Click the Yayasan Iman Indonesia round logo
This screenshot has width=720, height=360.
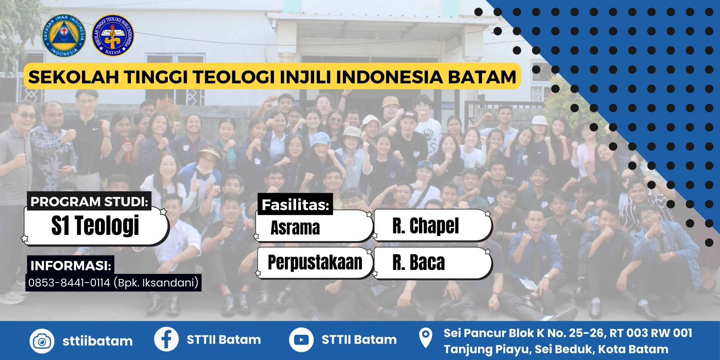coord(64,36)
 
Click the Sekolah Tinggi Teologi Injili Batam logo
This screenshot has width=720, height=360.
coord(113,36)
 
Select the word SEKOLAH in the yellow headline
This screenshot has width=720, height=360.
coord(74,77)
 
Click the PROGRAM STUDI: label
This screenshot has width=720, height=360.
coord(89,201)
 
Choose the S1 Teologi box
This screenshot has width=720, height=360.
coord(96,225)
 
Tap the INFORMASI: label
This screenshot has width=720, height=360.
coord(70,265)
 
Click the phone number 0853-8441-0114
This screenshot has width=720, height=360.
coord(69,283)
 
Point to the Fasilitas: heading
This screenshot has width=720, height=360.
coord(295,205)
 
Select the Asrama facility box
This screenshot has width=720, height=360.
coord(315,226)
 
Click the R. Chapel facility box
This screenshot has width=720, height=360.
coord(432,225)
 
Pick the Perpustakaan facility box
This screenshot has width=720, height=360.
coord(315,263)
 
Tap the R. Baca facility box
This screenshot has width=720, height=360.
coord(432,263)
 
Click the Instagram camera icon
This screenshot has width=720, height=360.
coord(42,341)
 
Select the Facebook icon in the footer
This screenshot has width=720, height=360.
coord(166,339)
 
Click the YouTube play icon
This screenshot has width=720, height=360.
coord(301,340)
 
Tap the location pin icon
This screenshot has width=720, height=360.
coord(426,338)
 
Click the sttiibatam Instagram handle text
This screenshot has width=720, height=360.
coord(97,341)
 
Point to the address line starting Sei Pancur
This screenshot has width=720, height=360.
coord(567,333)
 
